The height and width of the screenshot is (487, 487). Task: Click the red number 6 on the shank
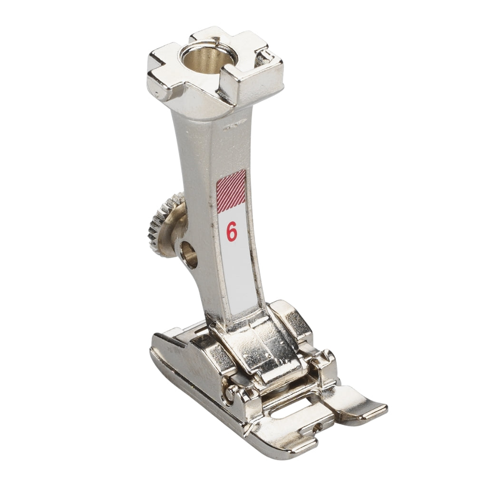click(232, 232)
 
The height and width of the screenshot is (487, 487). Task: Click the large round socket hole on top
click(208, 57)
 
